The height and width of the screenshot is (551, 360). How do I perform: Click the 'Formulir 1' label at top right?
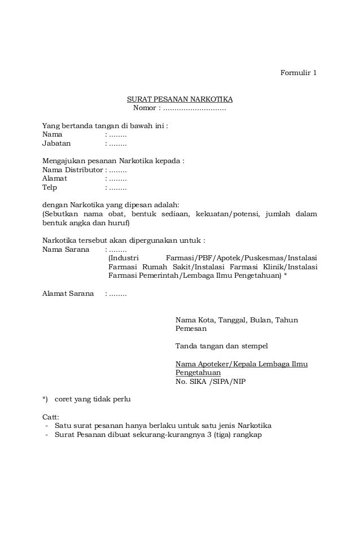coord(298,73)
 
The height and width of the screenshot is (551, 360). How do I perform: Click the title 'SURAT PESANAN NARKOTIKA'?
coord(179,99)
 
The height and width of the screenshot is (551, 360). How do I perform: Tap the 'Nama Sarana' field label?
coord(65,249)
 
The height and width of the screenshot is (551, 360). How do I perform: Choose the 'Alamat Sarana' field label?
coord(68,294)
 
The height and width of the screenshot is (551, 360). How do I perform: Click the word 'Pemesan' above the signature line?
coord(191,329)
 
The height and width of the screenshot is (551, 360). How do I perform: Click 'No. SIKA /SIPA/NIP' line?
coord(210,381)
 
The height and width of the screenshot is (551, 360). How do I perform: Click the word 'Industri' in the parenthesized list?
coord(124,258)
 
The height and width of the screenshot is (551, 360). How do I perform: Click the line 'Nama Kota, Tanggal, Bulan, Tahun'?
coord(236,320)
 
